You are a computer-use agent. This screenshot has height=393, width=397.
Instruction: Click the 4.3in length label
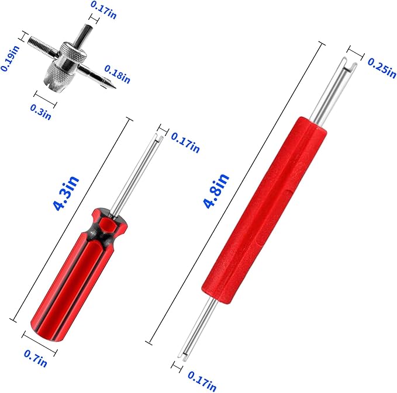pos(66,193)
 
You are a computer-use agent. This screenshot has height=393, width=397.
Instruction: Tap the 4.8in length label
pos(216,191)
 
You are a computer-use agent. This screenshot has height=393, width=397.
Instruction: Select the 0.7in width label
pos(36,358)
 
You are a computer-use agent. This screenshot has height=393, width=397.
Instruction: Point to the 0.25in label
pos(382,68)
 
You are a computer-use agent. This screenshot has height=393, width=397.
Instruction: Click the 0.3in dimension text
pos(41,112)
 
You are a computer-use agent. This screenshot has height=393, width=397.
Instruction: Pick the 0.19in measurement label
pos(9,58)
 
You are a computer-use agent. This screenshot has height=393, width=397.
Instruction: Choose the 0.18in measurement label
pos(117,74)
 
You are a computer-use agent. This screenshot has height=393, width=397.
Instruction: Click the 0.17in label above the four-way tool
pos(103,10)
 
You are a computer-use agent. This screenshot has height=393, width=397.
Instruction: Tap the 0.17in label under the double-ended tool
pos(202,381)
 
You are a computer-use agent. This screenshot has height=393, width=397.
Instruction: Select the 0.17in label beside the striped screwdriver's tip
pos(185,142)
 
